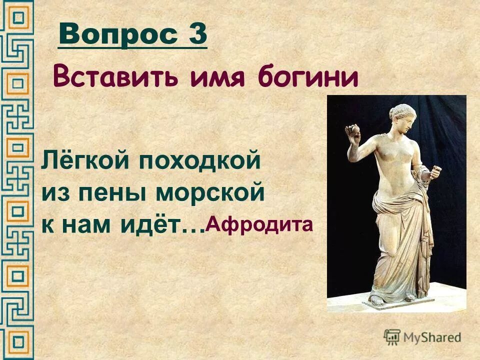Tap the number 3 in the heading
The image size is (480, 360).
[x=197, y=34]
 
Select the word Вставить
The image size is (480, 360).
[x=114, y=78]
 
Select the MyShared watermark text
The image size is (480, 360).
[x=432, y=337]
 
